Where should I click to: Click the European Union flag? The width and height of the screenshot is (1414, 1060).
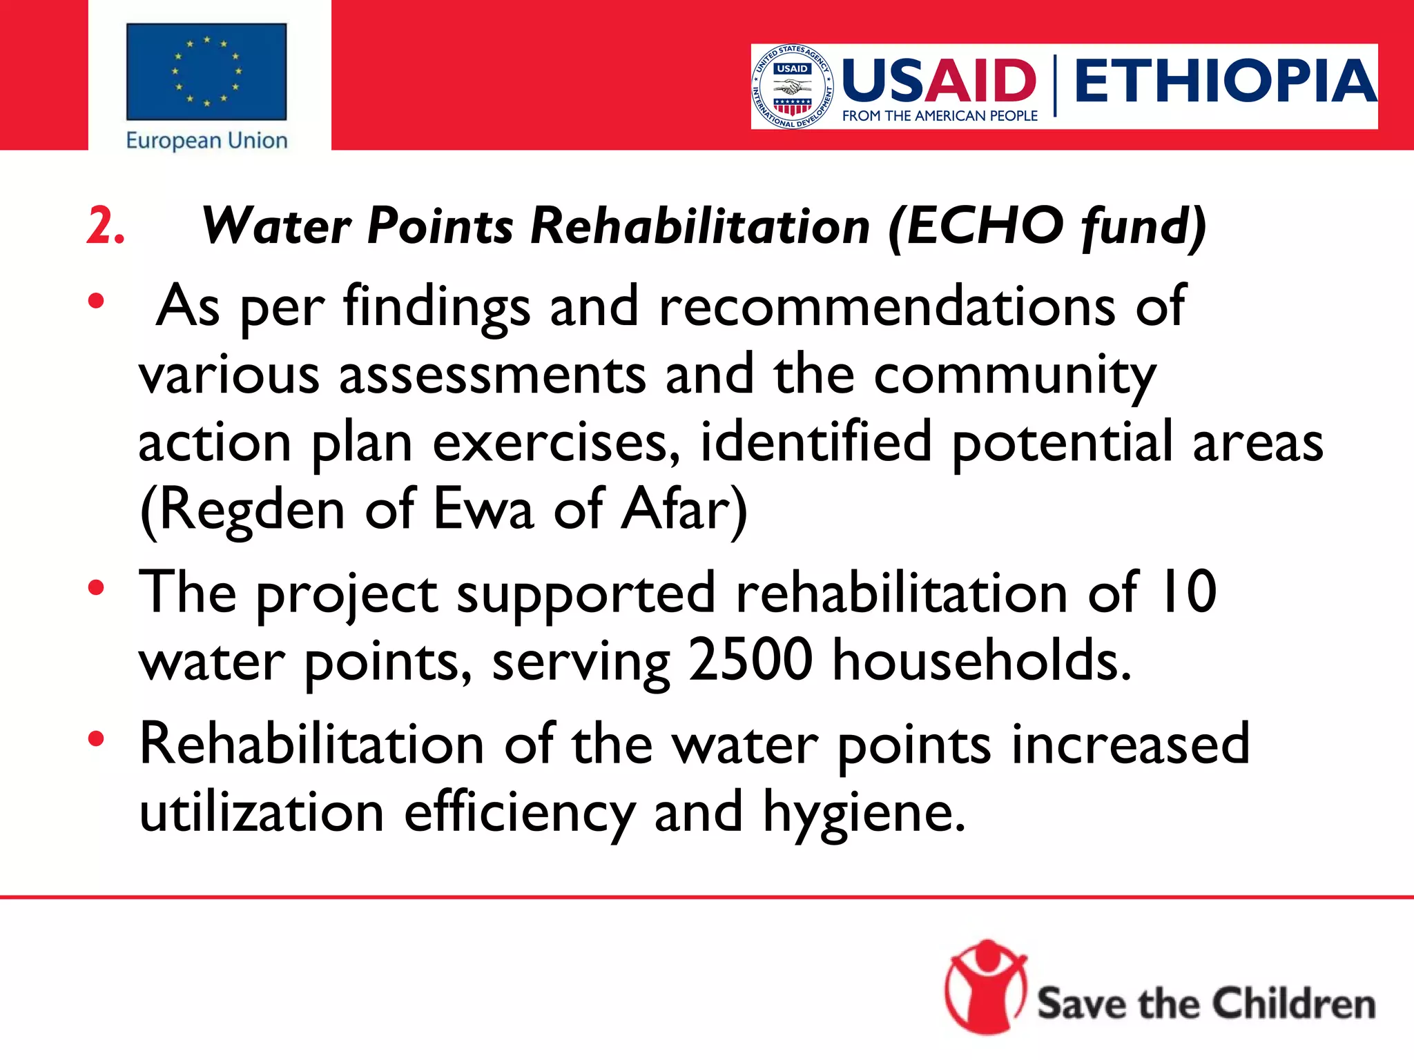point(206,72)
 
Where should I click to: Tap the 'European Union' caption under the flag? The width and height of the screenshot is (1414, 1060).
point(206,141)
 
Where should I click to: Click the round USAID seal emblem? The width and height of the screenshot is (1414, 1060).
point(792,87)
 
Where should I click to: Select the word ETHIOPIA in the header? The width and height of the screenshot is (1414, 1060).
point(1225,81)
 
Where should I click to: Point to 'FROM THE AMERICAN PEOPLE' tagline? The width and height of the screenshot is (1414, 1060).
point(940,116)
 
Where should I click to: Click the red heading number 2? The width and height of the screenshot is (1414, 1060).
point(105,226)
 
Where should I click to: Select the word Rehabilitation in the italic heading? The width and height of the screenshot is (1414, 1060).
point(700,226)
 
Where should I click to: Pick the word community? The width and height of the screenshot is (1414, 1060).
point(1014,375)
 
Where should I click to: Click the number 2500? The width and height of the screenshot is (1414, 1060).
point(750,659)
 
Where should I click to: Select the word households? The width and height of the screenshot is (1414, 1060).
point(981,659)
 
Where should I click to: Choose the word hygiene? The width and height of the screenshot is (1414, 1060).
point(863,812)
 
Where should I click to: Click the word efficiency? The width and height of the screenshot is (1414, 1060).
point(519,812)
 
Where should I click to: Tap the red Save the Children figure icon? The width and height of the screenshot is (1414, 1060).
point(986,987)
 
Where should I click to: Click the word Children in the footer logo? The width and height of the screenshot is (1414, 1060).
point(1294,1003)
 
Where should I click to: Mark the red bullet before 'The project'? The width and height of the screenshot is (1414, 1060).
point(96,588)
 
